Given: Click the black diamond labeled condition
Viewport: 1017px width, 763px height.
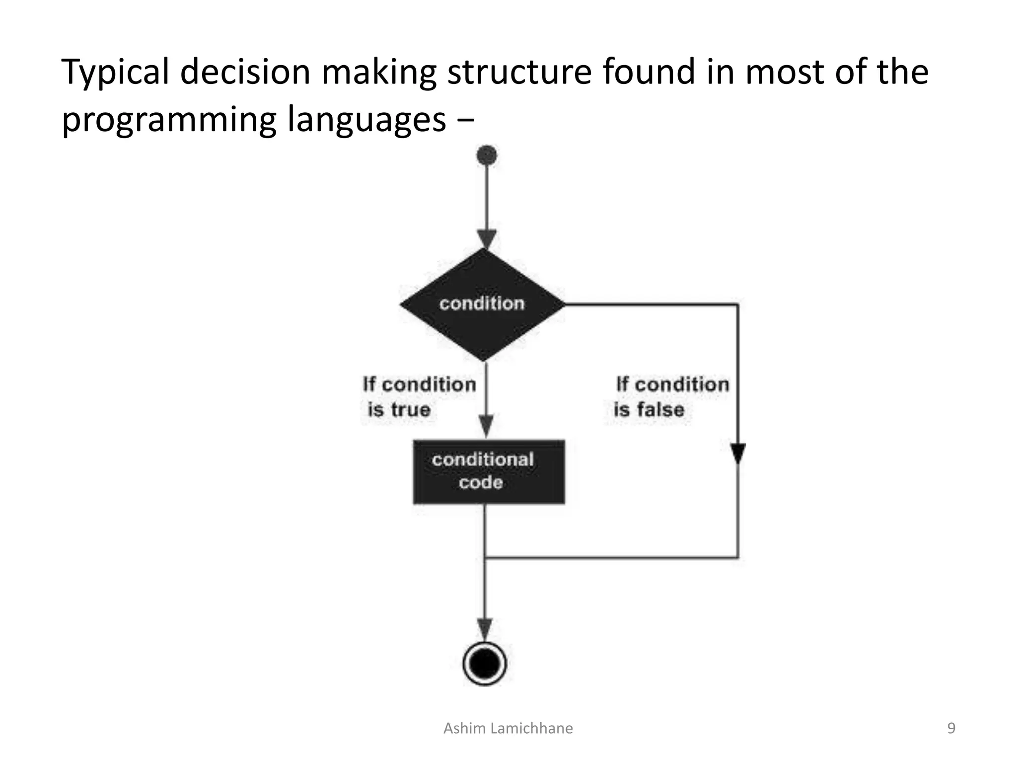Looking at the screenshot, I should (483, 304).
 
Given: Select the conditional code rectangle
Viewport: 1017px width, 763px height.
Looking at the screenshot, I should (489, 471).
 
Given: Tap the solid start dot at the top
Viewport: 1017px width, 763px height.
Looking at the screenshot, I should (487, 155).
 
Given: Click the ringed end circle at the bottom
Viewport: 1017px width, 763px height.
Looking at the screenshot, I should (484, 664).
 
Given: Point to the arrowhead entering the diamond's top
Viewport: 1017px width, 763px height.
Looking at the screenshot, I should (487, 239).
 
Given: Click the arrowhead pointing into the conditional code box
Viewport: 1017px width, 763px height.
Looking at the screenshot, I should (487, 427).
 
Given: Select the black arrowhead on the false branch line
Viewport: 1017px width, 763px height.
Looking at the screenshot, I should (738, 454).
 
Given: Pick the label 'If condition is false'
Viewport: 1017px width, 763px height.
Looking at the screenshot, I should (671, 397).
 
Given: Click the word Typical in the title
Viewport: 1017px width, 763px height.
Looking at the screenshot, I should (115, 73).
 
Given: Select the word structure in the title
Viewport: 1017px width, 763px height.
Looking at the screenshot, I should (519, 73).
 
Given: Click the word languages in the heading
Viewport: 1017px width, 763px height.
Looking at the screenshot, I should (366, 120).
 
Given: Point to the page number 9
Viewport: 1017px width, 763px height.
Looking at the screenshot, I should (951, 728).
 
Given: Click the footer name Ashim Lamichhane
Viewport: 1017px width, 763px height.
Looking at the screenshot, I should (508, 728).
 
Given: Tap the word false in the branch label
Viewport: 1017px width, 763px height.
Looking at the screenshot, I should (660, 410).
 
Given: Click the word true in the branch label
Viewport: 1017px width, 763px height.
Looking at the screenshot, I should (410, 410).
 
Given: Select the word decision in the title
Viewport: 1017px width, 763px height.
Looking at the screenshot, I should (245, 73).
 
